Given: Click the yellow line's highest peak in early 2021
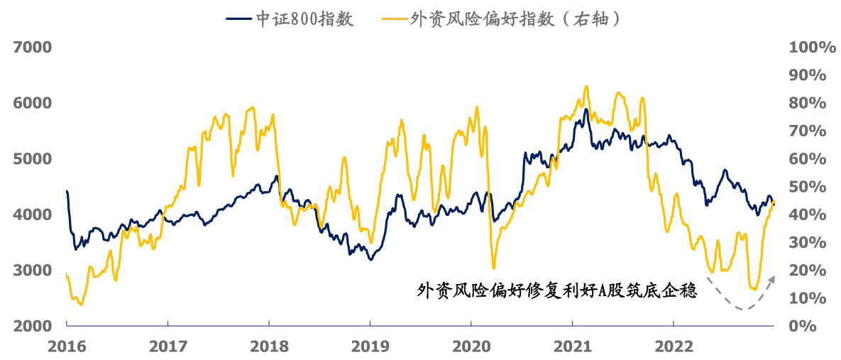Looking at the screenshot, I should point(586,87).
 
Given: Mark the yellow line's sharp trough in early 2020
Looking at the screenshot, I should point(493,267).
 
